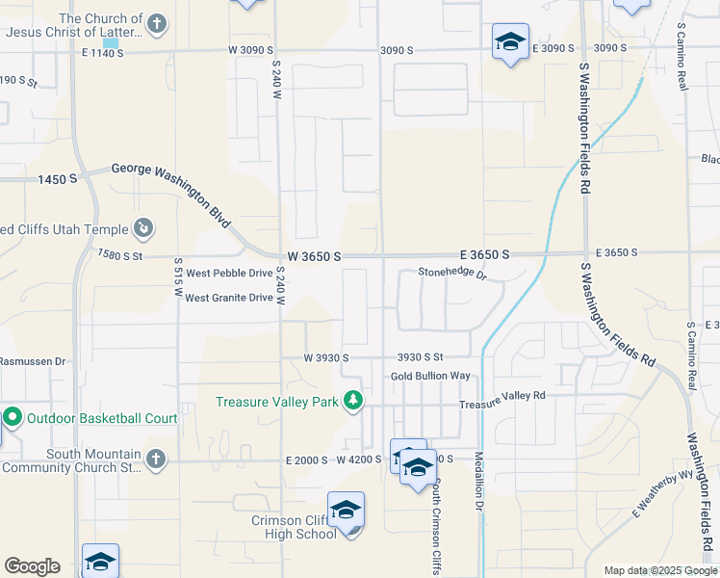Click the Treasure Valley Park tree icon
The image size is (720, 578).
(x=354, y=400)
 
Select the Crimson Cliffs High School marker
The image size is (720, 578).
(x=346, y=510)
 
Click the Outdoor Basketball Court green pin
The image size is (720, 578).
(x=13, y=418)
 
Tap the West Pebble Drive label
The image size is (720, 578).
(x=228, y=274)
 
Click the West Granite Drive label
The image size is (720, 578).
(x=229, y=298)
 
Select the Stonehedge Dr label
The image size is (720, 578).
(x=452, y=274)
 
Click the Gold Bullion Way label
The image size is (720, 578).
(x=430, y=376)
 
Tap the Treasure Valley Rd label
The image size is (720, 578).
(x=501, y=396)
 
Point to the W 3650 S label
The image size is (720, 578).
(x=315, y=257)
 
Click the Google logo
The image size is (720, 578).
(x=32, y=565)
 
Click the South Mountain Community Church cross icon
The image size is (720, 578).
(x=156, y=459)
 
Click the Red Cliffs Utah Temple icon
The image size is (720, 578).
(x=143, y=227)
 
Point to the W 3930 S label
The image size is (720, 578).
(x=325, y=357)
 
